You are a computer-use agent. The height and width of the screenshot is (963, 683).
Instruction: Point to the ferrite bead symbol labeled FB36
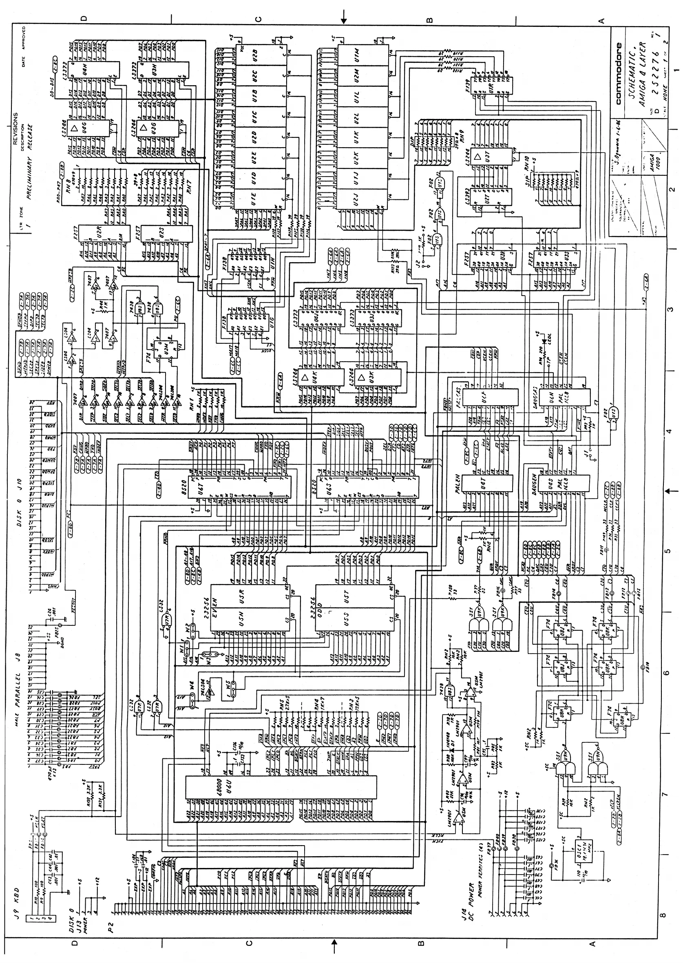[x=552, y=866]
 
